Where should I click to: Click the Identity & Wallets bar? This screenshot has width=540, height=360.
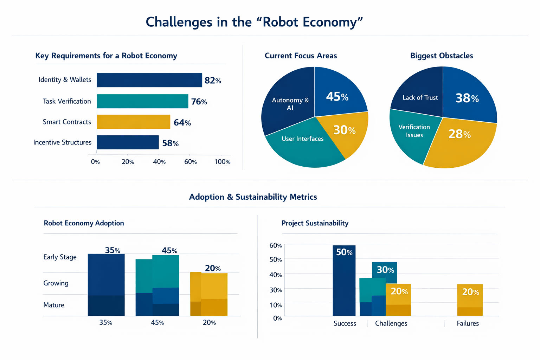tap(149, 80)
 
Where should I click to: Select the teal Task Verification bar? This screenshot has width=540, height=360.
tap(142, 101)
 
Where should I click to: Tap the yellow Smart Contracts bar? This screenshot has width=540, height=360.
tap(133, 122)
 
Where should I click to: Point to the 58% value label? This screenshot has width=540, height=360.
tap(171, 143)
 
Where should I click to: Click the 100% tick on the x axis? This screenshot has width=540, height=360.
tap(222, 162)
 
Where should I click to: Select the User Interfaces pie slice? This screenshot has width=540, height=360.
tap(302, 144)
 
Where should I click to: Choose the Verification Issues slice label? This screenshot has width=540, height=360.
tap(414, 131)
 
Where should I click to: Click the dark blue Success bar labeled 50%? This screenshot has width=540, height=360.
tap(344, 281)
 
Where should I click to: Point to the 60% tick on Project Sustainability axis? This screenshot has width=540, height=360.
tap(276, 245)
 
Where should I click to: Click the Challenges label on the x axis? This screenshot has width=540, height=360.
tap(391, 323)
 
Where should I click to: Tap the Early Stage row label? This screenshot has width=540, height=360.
tap(60, 257)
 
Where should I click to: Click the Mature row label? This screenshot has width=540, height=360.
tap(54, 305)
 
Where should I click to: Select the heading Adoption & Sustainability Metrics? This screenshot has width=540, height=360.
tap(253, 197)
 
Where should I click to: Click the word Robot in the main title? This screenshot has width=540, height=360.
tap(281, 22)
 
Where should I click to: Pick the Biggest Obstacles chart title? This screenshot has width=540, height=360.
tap(442, 56)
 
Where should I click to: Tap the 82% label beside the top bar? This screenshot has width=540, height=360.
tap(213, 81)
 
